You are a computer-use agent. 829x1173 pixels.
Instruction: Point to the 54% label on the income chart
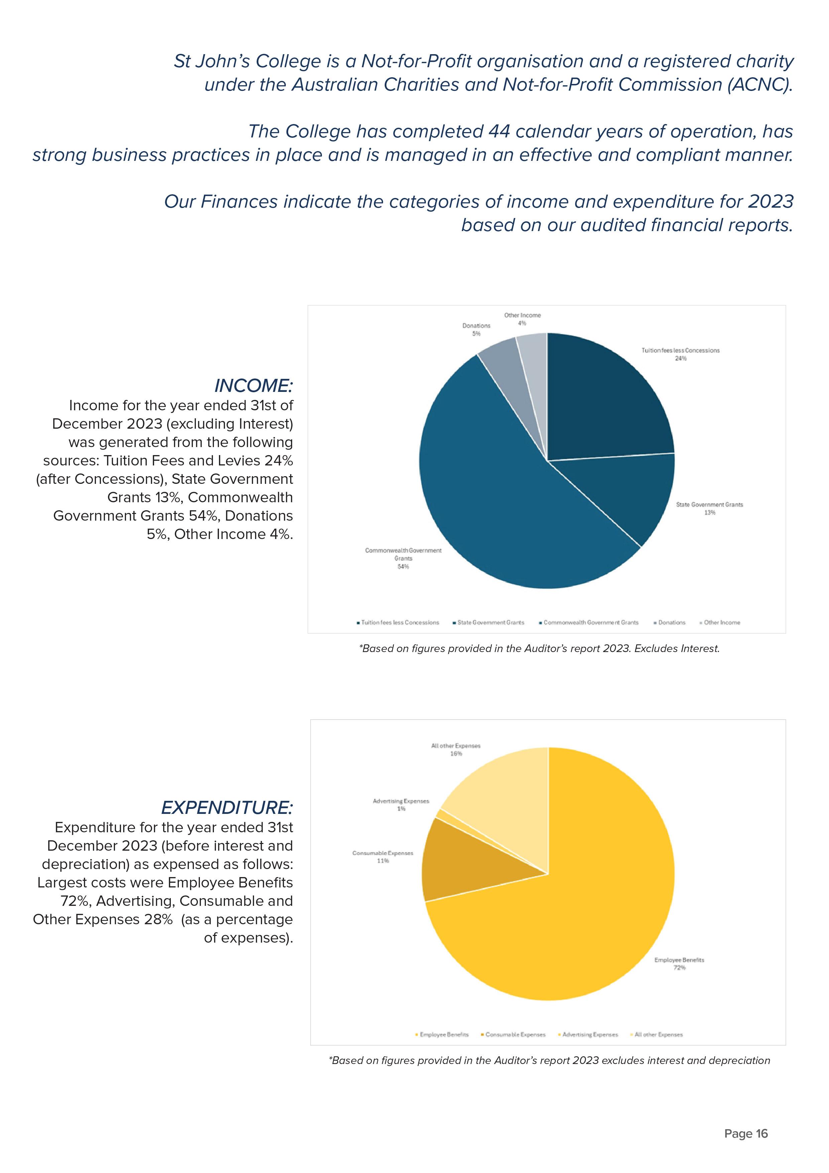(x=403, y=566)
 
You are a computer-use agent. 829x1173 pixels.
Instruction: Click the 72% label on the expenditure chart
(x=679, y=968)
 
